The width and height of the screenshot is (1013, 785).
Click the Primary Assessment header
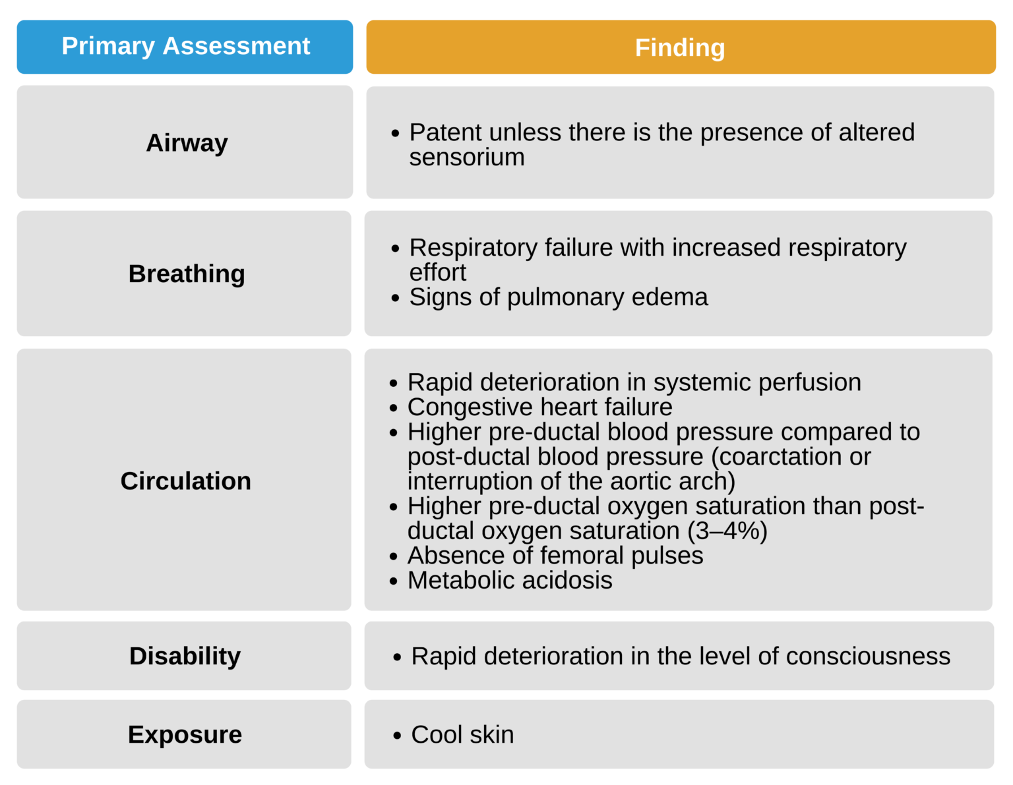(x=185, y=46)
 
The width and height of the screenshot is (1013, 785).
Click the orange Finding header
(x=680, y=47)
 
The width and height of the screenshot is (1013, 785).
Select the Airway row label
(x=187, y=142)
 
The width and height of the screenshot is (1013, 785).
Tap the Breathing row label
(x=187, y=274)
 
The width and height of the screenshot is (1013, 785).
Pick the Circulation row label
(x=185, y=480)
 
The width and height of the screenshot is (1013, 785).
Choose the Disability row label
(x=185, y=656)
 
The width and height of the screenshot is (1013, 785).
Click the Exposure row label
(x=185, y=734)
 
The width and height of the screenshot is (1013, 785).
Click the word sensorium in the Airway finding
(x=466, y=158)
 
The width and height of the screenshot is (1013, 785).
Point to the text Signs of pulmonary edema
(x=558, y=297)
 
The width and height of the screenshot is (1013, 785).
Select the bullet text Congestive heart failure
(x=539, y=407)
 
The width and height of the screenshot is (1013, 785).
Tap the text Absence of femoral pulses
(x=555, y=556)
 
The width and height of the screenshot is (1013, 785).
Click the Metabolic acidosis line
(x=509, y=581)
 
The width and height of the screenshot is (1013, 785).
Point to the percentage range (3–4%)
(x=727, y=531)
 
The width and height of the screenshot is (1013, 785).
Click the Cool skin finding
(x=462, y=735)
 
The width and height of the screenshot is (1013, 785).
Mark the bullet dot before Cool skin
(x=396, y=736)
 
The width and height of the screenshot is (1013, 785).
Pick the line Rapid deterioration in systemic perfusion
(x=634, y=383)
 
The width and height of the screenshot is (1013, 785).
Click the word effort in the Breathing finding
(x=437, y=273)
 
